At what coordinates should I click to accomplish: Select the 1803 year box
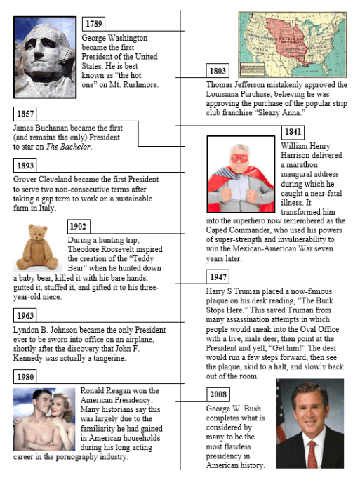pyautogui.click(x=218, y=71)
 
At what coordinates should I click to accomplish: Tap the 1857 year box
pyautogui.click(x=25, y=114)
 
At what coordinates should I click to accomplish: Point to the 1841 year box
pyautogui.click(x=293, y=132)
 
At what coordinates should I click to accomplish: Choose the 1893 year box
pyautogui.click(x=25, y=166)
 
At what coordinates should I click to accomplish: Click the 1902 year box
pyautogui.click(x=79, y=226)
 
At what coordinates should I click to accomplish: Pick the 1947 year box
pyautogui.click(x=218, y=277)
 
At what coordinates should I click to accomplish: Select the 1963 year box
pyautogui.click(x=25, y=316)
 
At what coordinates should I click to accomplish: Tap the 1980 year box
pyautogui.click(x=25, y=378)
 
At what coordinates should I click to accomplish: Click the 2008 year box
pyautogui.click(x=218, y=394)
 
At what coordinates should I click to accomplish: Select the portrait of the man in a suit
pyautogui.click(x=309, y=424)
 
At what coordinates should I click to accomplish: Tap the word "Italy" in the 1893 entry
pyautogui.click(x=58, y=199)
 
